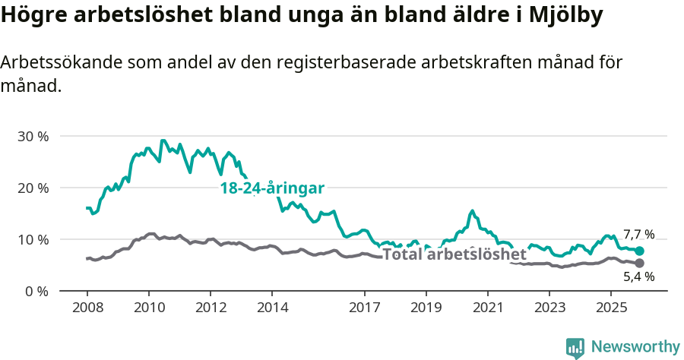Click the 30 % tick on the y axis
click(33, 137)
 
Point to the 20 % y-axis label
click(33, 188)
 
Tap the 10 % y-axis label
click(33, 240)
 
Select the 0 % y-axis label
click(36, 292)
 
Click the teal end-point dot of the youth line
click(640, 251)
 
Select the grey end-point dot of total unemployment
click(640, 263)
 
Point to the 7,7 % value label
click(638, 235)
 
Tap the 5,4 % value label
click(638, 278)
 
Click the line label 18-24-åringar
click(272, 188)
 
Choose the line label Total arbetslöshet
click(454, 254)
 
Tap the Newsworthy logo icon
click(575, 348)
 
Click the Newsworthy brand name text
click(635, 347)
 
